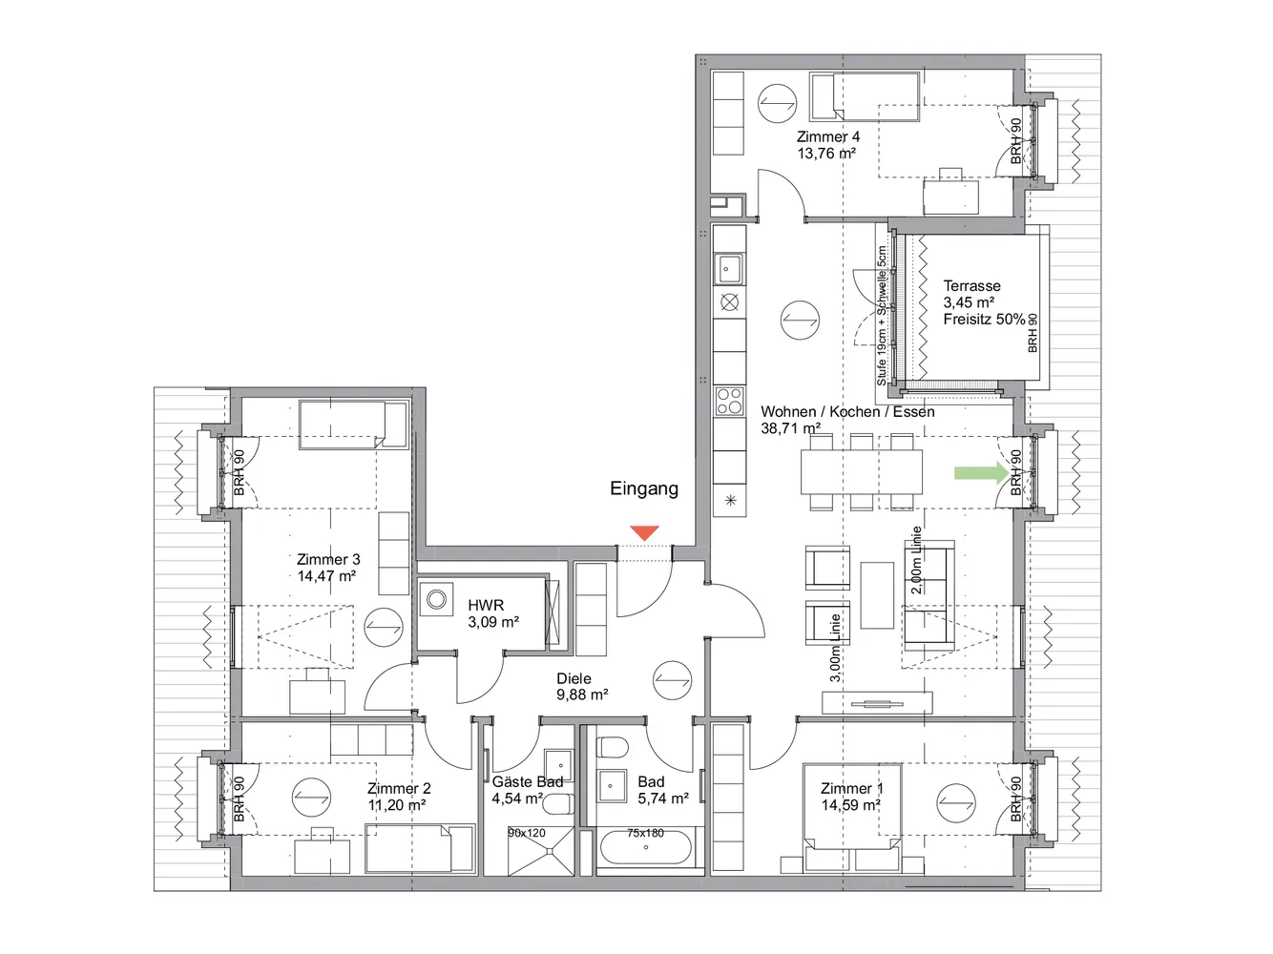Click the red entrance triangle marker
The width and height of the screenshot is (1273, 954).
click(644, 532)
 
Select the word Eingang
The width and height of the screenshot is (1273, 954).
click(644, 488)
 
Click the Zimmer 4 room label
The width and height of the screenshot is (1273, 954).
click(828, 136)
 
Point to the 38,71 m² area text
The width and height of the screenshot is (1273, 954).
click(790, 428)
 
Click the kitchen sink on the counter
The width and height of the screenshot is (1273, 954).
click(729, 270)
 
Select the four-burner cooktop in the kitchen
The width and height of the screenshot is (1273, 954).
click(730, 401)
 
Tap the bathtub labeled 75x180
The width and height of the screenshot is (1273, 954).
click(646, 847)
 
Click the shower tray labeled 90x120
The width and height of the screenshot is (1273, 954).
click(540, 850)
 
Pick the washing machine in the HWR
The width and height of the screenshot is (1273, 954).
click(436, 599)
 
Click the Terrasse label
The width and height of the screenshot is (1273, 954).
click(971, 286)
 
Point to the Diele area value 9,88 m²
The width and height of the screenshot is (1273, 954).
click(582, 695)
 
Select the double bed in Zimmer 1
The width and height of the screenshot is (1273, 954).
click(851, 818)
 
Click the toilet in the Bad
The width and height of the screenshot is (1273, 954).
click(612, 748)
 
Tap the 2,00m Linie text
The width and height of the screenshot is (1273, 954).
click(916, 560)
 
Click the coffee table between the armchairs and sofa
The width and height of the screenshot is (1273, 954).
click(877, 594)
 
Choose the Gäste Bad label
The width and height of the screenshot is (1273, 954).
click(527, 782)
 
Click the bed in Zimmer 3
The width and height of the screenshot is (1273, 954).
click(353, 425)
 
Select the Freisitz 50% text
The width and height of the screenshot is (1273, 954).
click(984, 319)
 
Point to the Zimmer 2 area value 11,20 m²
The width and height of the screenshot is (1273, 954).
click(397, 805)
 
